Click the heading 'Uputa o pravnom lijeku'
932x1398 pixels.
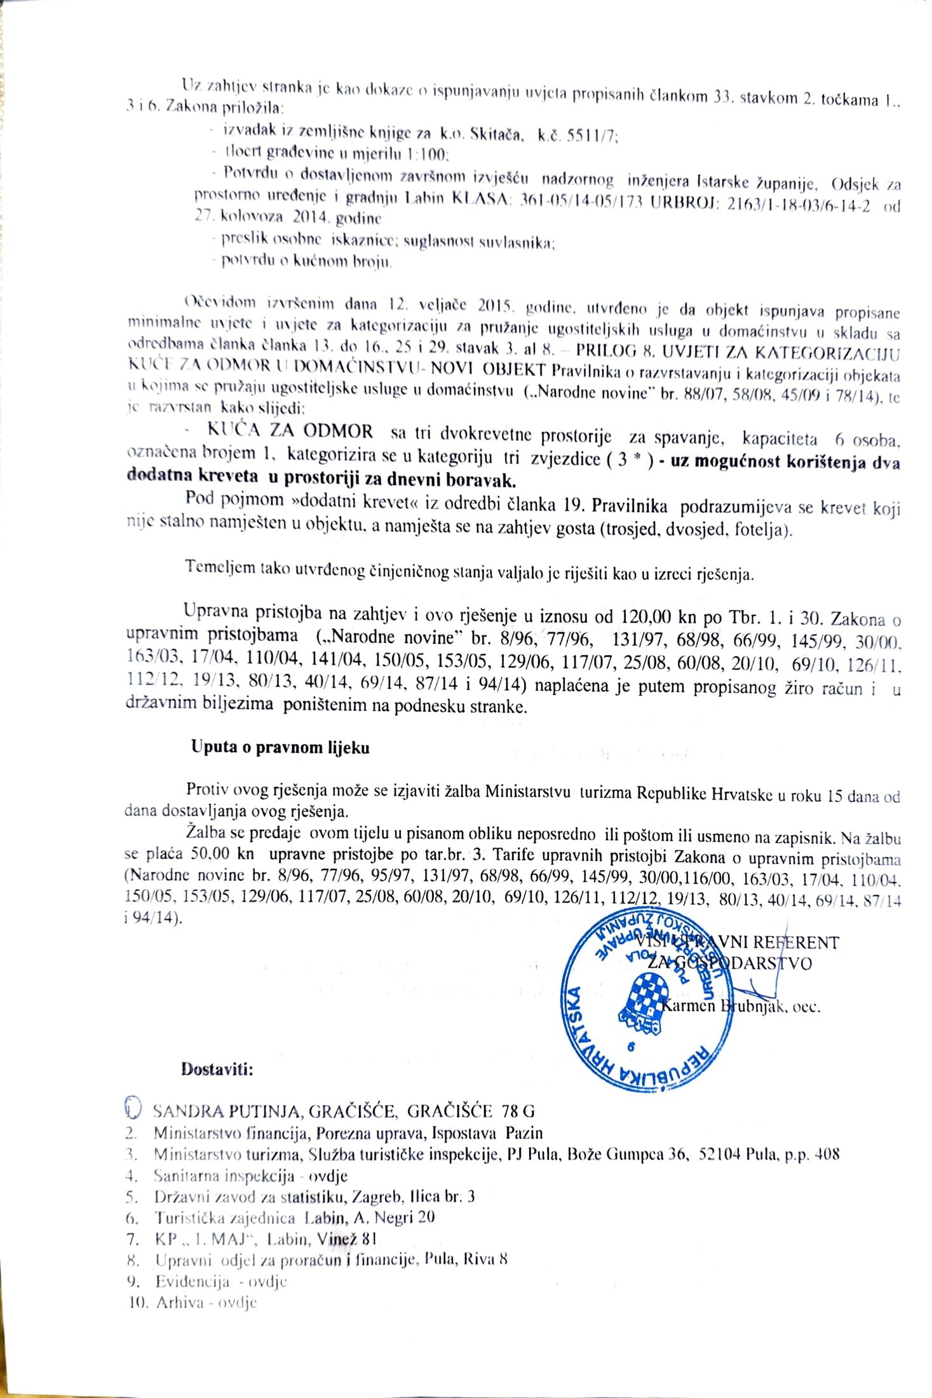coord(280,747)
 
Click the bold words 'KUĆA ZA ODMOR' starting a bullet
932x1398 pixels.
coord(290,432)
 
